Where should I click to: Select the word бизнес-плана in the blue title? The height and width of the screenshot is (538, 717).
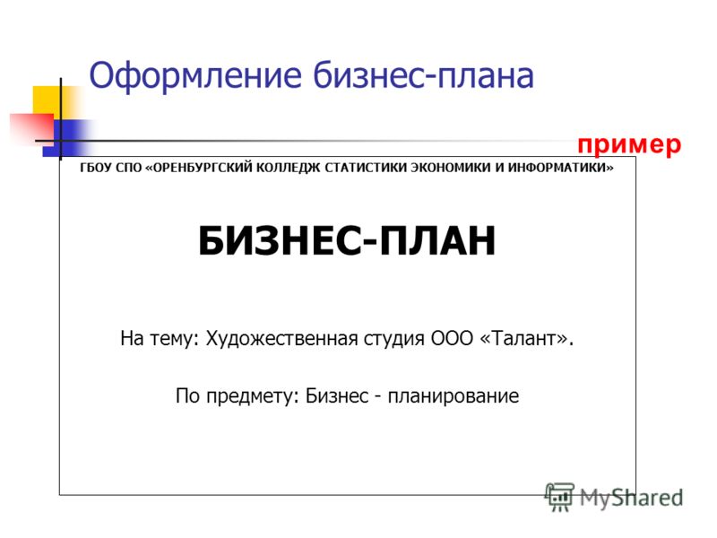pos(423,75)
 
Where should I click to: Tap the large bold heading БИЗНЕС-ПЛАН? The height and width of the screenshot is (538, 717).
pos(347,240)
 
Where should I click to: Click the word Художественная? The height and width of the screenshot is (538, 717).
pos(281,339)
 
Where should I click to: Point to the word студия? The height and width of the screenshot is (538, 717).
pos(394,340)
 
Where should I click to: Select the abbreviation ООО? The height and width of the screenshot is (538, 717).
pos(452,339)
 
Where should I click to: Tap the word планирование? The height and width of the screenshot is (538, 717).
pos(454,396)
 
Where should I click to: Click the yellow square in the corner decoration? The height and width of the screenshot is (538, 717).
pos(51,101)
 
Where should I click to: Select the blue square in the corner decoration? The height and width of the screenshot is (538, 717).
pos(69,138)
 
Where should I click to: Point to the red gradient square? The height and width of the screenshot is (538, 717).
pos(32,129)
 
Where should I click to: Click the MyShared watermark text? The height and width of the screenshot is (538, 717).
pos(631,498)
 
